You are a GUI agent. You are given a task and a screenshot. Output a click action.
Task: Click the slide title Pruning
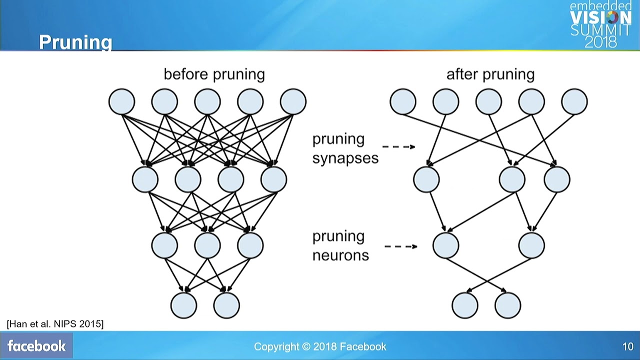click(x=75, y=42)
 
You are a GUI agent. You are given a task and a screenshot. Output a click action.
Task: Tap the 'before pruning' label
click(x=214, y=74)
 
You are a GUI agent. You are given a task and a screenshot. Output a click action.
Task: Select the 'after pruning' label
click(x=490, y=74)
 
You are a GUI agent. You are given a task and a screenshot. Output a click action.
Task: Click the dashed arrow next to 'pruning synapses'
click(x=398, y=147)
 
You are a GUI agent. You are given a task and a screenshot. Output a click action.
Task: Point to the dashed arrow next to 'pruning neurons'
click(x=400, y=246)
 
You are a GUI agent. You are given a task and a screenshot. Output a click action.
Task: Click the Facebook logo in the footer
click(x=36, y=346)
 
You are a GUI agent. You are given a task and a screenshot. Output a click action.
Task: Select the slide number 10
click(x=627, y=346)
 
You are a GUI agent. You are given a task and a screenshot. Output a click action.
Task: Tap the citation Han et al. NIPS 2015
click(x=55, y=324)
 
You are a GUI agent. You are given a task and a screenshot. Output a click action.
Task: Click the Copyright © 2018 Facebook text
click(x=320, y=346)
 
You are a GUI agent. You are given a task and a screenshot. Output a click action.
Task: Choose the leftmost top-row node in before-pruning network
click(x=121, y=101)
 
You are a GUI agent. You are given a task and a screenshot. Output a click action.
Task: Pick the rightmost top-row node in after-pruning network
click(x=574, y=101)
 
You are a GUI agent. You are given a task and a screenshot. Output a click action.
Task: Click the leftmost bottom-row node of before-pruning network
click(x=183, y=305)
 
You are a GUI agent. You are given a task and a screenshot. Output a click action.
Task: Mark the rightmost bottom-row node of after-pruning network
click(x=507, y=305)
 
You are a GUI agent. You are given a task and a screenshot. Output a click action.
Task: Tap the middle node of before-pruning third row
click(x=207, y=245)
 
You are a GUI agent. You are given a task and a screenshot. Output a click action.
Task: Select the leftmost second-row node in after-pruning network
click(x=426, y=179)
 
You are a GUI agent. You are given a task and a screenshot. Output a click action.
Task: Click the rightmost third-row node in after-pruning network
click(x=531, y=245)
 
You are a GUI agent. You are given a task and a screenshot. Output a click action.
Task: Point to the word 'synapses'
click(x=345, y=158)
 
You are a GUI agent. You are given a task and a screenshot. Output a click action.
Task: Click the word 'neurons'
click(x=340, y=255)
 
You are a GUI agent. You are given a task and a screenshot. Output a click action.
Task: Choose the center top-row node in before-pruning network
click(x=207, y=101)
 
